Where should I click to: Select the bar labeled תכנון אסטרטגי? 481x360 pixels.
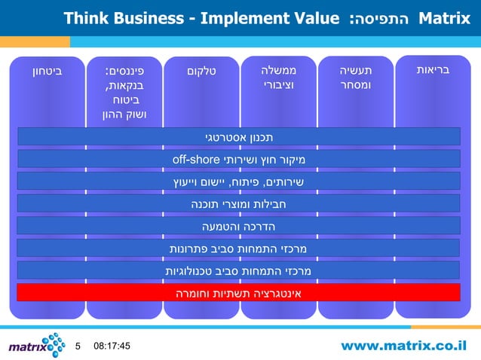(239, 136)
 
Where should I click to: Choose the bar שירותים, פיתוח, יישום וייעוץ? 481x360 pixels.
(239, 182)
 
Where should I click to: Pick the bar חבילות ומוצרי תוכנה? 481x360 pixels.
(239, 203)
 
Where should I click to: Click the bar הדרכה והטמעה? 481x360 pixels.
(239, 226)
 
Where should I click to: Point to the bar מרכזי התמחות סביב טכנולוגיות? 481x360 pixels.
(239, 270)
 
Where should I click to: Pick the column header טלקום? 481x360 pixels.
(201, 72)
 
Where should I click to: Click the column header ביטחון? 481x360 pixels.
(47, 72)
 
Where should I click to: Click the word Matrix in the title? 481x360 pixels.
(443, 17)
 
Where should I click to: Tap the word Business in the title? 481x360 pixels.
(150, 17)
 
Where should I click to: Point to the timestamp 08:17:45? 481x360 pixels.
(112, 346)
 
